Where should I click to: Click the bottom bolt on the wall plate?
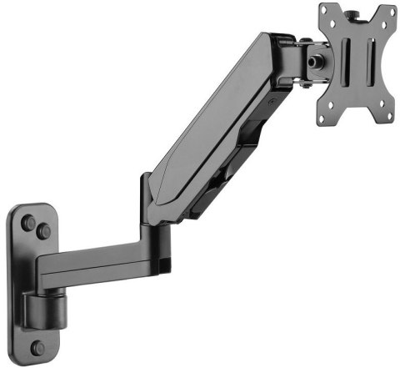coord(37,347)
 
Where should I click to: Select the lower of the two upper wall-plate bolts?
coord(43,232)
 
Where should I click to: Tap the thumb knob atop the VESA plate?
coord(351,11)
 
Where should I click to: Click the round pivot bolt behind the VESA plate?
coord(317,60)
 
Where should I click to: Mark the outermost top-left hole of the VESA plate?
coord(325,13)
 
